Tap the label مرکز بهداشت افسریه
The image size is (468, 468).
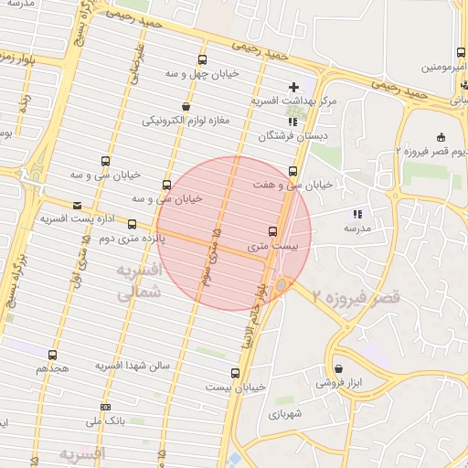(x=293, y=101)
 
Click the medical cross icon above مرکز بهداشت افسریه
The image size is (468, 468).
(x=292, y=86)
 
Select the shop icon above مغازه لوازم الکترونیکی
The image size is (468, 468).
(x=186, y=106)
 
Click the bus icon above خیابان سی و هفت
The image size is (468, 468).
(x=292, y=171)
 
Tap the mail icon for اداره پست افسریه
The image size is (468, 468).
(x=76, y=206)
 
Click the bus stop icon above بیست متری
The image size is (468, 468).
(x=272, y=231)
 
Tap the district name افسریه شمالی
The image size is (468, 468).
(x=139, y=282)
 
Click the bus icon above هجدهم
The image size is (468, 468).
(x=51, y=355)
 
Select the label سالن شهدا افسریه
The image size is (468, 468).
(x=134, y=366)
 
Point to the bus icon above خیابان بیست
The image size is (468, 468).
(x=236, y=373)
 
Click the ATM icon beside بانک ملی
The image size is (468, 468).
(x=106, y=407)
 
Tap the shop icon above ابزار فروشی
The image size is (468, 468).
(x=338, y=368)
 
